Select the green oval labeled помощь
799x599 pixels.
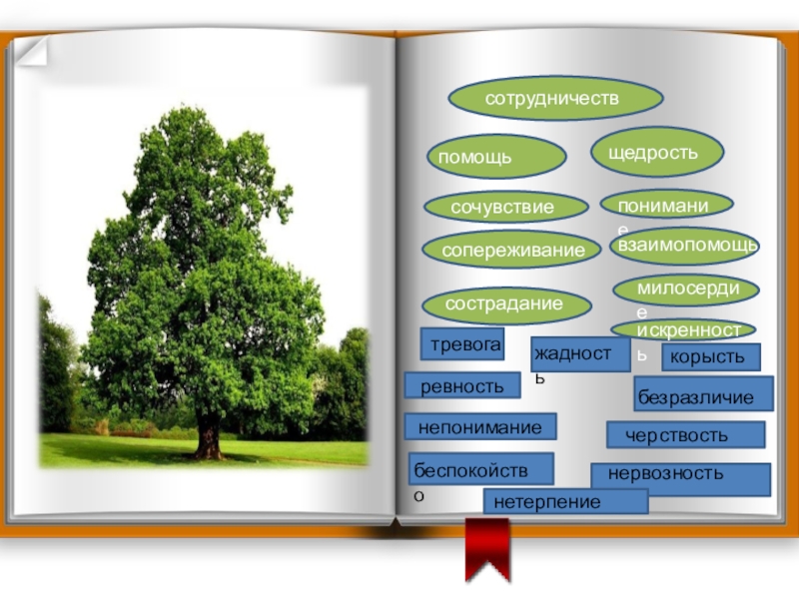coord(496,157)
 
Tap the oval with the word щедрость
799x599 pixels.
coord(657,151)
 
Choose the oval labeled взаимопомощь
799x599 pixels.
coord(685,245)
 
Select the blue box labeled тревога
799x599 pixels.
coord(461,343)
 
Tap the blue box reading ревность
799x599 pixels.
coord(462,385)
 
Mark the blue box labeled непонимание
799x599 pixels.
coord(479,427)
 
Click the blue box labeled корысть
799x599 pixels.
coord(710,356)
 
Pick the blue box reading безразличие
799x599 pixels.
coord(704,393)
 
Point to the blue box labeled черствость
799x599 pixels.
coord(685,434)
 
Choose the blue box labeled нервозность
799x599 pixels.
coord(680,478)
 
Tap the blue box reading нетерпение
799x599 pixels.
coord(564,501)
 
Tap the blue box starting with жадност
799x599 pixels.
coord(580,353)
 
